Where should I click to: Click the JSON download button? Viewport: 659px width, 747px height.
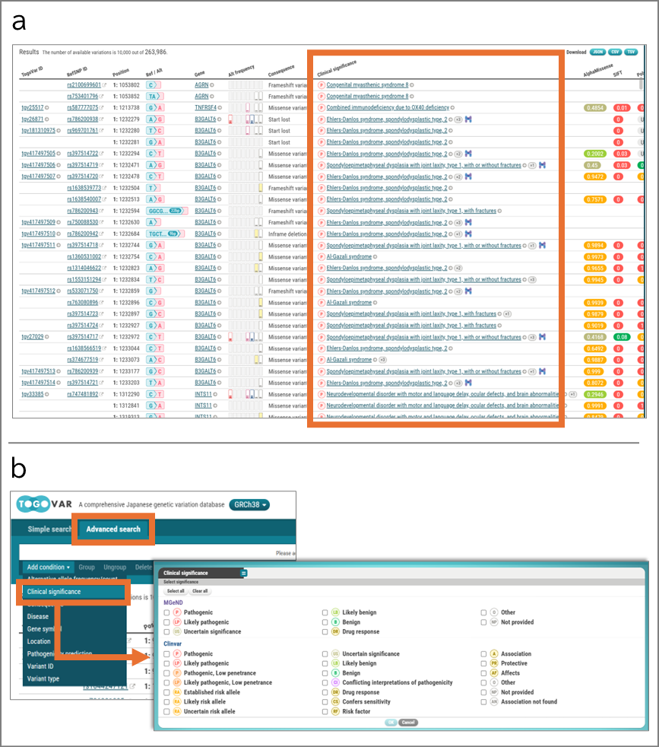click(598, 52)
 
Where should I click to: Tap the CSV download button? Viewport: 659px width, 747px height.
click(615, 52)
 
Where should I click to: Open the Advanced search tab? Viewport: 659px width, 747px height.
click(113, 529)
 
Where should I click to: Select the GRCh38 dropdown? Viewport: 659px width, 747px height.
click(250, 505)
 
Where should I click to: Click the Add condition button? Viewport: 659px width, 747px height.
click(48, 567)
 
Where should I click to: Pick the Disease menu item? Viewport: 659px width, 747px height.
click(38, 616)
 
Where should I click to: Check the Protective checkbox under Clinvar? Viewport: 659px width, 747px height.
click(485, 663)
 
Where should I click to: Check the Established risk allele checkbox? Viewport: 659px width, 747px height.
click(167, 692)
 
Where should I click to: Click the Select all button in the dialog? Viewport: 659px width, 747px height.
click(176, 591)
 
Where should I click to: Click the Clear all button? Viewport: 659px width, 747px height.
click(200, 591)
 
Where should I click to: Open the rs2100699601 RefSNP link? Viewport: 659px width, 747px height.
click(84, 85)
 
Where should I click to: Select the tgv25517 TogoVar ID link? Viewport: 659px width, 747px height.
click(33, 108)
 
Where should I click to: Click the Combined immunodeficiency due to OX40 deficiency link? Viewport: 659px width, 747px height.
click(388, 108)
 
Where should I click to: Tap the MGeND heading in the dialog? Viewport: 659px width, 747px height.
click(175, 602)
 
